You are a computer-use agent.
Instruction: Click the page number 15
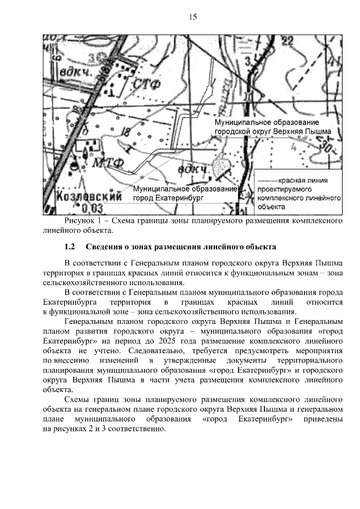point(192,17)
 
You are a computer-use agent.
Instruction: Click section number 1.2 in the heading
point(70,247)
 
